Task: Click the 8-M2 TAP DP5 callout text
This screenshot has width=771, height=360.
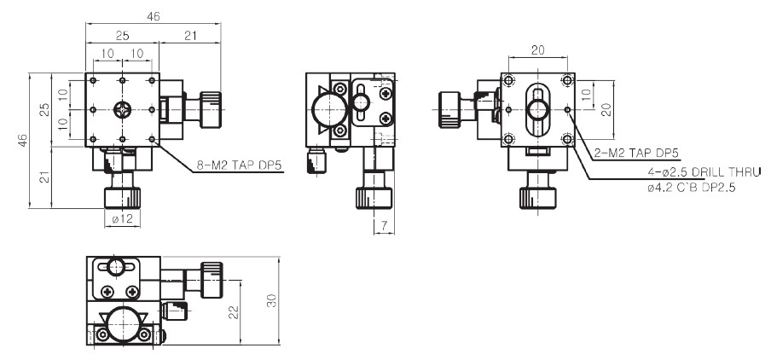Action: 239,165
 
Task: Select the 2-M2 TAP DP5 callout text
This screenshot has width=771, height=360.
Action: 636,153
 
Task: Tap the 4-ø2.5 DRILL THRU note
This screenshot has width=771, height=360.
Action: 704,171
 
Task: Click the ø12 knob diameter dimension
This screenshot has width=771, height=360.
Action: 123,219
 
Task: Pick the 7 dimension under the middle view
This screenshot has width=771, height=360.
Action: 384,226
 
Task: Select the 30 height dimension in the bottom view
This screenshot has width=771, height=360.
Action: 271,300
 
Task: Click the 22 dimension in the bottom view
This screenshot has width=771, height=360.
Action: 234,312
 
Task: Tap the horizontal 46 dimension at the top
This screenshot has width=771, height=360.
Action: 153,16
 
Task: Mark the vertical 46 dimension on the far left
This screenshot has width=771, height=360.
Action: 22,140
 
